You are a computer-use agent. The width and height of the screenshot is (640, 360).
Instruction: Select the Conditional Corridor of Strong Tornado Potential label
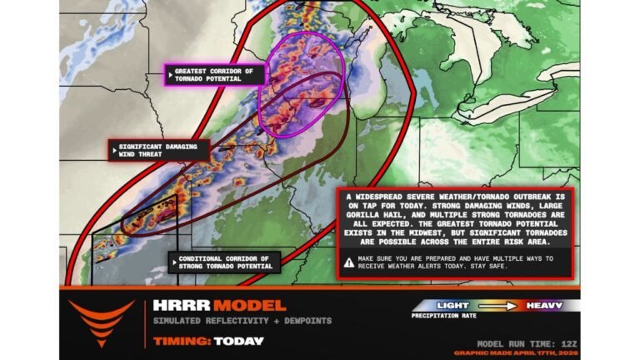(223, 263)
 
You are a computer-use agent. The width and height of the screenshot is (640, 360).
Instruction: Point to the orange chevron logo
(101, 322)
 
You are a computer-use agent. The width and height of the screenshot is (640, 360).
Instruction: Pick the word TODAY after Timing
(238, 341)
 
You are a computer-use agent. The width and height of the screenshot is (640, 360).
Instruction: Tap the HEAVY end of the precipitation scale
(542, 306)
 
